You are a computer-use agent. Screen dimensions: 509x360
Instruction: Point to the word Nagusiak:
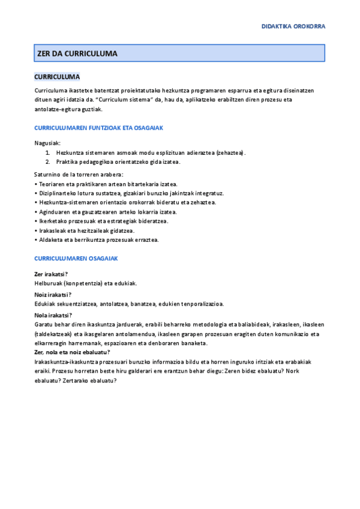(x=47, y=143)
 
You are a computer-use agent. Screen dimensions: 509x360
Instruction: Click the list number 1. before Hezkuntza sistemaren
(x=47, y=152)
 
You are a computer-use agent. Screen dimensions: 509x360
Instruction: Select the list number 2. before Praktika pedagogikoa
(x=47, y=161)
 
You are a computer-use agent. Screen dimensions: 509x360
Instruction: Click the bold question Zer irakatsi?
(x=51, y=273)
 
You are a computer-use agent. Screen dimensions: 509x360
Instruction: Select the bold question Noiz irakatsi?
(x=53, y=294)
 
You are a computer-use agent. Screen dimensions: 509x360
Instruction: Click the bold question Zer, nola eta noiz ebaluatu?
(x=76, y=352)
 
